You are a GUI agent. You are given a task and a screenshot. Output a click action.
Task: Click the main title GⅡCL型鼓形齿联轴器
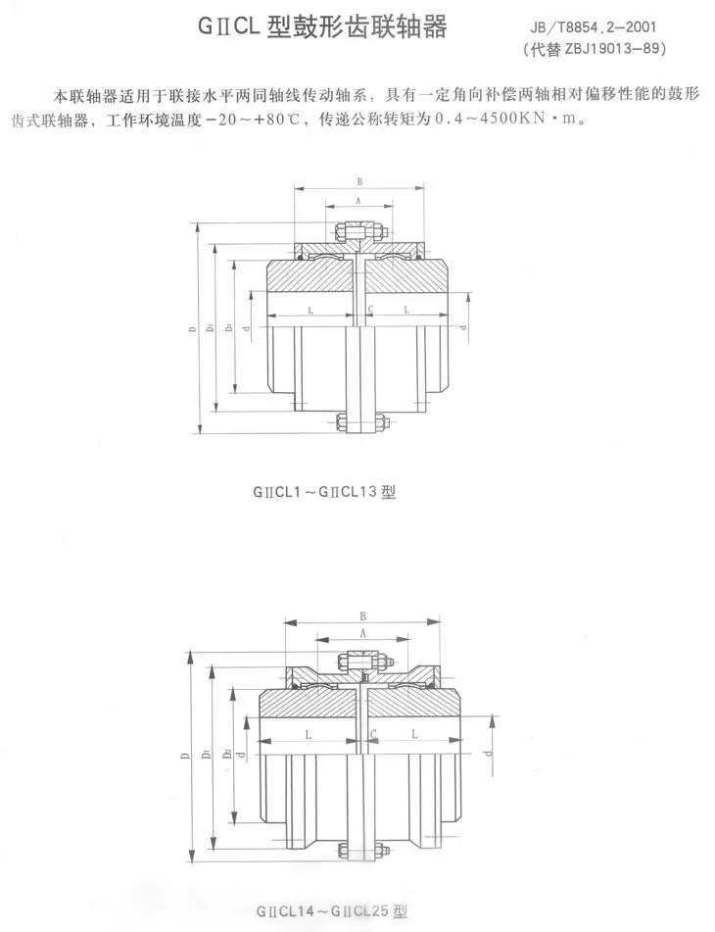pyautogui.click(x=323, y=27)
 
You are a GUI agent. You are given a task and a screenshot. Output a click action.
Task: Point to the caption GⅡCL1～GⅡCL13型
pyautogui.click(x=322, y=493)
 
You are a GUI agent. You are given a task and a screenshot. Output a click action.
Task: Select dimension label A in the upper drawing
pyautogui.click(x=358, y=199)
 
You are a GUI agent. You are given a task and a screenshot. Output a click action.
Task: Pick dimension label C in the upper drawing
pyautogui.click(x=370, y=310)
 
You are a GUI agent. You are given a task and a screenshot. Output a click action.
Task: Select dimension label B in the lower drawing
pyautogui.click(x=362, y=616)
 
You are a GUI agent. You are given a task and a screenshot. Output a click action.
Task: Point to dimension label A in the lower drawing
pyautogui.click(x=362, y=635)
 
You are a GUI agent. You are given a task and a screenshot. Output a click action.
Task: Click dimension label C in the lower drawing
pyautogui.click(x=372, y=733)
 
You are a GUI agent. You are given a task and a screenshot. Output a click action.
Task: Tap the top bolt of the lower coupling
pyautogui.click(x=363, y=662)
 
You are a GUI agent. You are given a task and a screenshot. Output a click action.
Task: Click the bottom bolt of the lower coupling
pyautogui.click(x=363, y=851)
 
